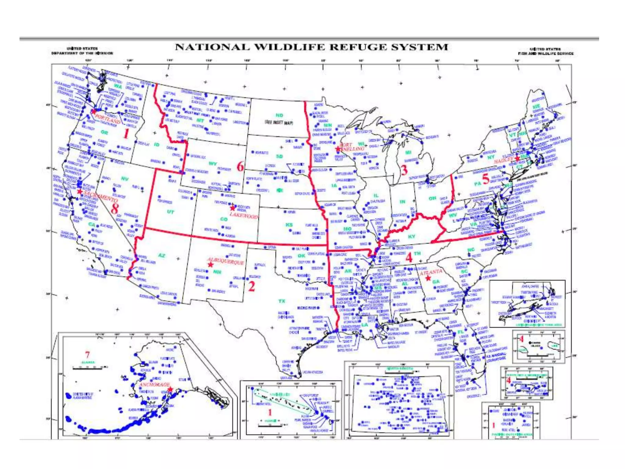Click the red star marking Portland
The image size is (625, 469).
pyautogui.click(x=94, y=112)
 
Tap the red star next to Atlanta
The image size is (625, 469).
pyautogui.click(x=428, y=278)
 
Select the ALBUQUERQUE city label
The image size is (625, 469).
pyautogui.click(x=226, y=261)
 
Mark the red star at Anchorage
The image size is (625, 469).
pyautogui.click(x=170, y=389)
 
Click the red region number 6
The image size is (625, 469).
pyautogui.click(x=240, y=166)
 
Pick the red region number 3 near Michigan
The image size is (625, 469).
pyautogui.click(x=404, y=170)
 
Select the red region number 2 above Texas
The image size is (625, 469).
pyautogui.click(x=251, y=286)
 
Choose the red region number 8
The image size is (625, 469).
pyautogui.click(x=115, y=209)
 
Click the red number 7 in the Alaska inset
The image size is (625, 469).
pyautogui.click(x=88, y=355)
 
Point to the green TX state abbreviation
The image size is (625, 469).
pyautogui.click(x=282, y=301)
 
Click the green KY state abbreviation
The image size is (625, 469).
pyautogui.click(x=411, y=236)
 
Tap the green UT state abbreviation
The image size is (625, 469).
pyautogui.click(x=170, y=212)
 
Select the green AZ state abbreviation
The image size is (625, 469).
pyautogui.click(x=161, y=255)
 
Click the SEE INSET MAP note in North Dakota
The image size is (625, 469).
pyautogui.click(x=279, y=123)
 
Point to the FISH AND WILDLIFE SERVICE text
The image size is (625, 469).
pyautogui.click(x=546, y=53)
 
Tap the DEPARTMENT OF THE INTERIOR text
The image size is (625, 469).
pyautogui.click(x=82, y=53)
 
